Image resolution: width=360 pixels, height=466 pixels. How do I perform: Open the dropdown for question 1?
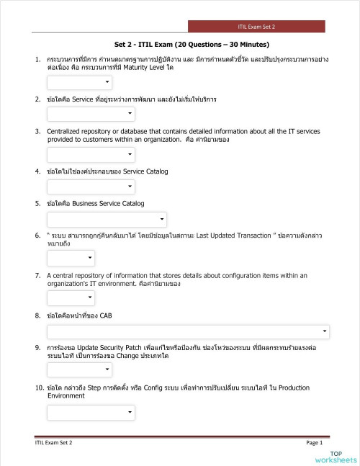pos(79,83)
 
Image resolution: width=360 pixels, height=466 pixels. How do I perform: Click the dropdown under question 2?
pos(91,114)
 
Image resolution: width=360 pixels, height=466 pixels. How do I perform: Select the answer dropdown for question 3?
pos(91,155)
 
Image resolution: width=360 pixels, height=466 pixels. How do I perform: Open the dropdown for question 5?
pos(107,219)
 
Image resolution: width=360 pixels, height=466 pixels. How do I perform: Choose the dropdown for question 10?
pos(91,412)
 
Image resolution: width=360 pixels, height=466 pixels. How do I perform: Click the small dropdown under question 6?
pos(71,258)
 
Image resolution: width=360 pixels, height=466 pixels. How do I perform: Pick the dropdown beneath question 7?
pos(71,298)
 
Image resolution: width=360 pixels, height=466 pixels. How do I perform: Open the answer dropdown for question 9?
pos(79,370)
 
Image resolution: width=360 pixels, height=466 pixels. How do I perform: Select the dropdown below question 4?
pos(79,187)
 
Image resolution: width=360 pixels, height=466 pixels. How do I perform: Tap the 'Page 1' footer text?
pos(314,442)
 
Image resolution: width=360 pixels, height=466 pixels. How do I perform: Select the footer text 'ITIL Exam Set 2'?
pos(54,442)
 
